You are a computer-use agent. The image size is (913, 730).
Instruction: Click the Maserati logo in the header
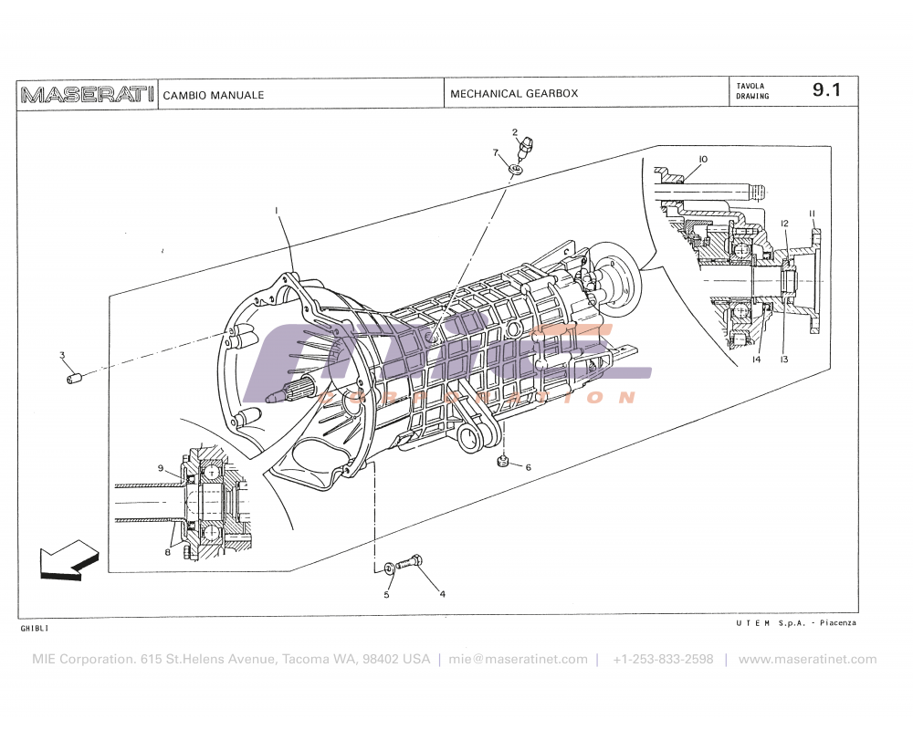[87, 94]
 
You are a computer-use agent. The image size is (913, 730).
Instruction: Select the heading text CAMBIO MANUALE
[214, 95]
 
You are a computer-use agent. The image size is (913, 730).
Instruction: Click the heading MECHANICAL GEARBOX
[514, 94]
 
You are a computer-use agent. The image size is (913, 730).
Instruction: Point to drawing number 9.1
[826, 90]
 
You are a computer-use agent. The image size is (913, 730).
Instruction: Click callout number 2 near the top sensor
[515, 132]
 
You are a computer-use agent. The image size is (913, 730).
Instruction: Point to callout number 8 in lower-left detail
[168, 552]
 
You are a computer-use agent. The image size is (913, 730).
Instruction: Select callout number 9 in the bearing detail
[161, 468]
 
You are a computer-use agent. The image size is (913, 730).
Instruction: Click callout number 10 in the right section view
[702, 160]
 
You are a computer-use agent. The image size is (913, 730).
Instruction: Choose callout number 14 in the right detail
[756, 360]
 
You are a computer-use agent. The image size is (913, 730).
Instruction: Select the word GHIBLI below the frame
[34, 629]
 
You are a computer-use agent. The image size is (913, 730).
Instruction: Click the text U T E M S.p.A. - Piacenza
[795, 622]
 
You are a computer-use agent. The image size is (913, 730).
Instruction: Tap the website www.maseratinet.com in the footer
[807, 659]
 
